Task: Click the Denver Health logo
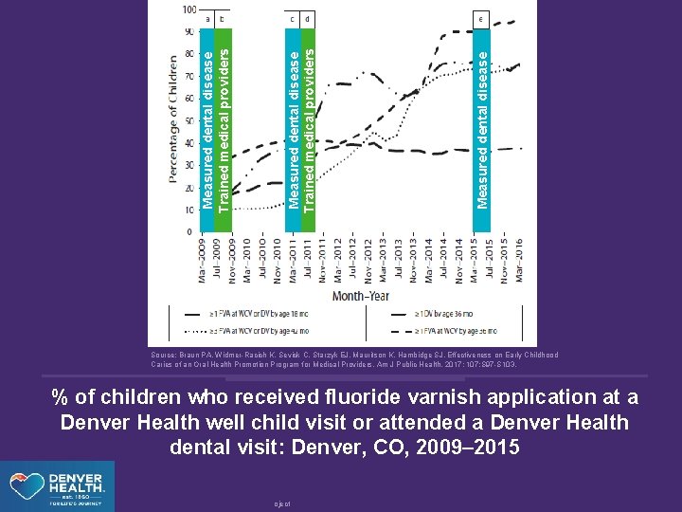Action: click(57, 485)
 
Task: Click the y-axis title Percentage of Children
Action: click(174, 119)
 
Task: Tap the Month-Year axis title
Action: click(360, 295)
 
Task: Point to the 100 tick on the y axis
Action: click(188, 9)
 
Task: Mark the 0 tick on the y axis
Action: click(191, 231)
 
